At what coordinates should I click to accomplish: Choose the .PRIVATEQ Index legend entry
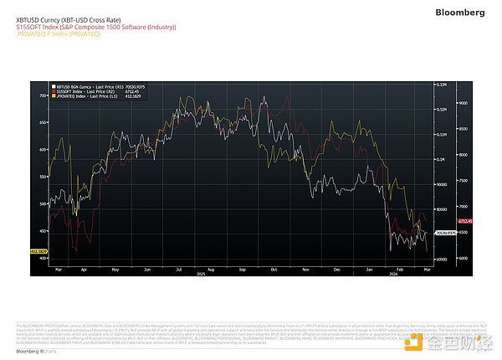point(84,97)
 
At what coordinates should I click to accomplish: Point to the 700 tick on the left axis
point(44,96)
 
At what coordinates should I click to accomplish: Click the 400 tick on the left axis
point(44,259)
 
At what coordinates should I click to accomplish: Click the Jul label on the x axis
point(179,270)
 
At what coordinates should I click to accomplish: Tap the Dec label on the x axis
point(336,270)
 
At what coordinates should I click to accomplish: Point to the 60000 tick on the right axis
point(441,260)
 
